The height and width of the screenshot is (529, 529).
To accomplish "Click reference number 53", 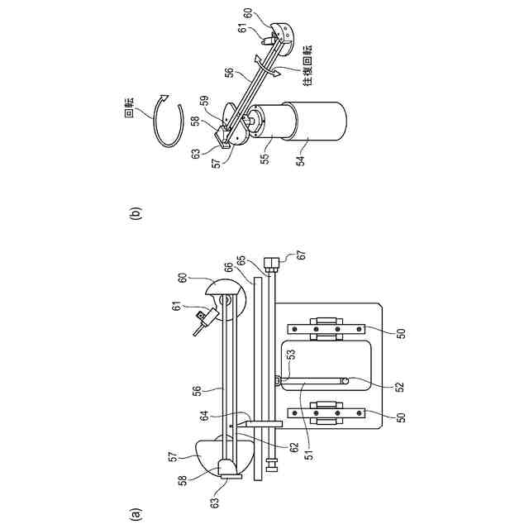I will point(290,355).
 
